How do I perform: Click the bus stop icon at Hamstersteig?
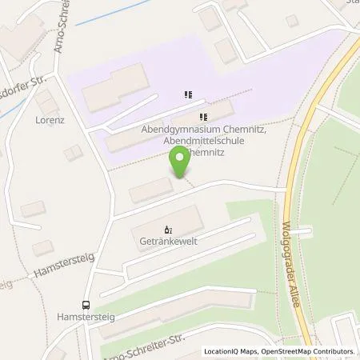tap(85, 304)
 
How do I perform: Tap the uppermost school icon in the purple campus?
tap(188, 94)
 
